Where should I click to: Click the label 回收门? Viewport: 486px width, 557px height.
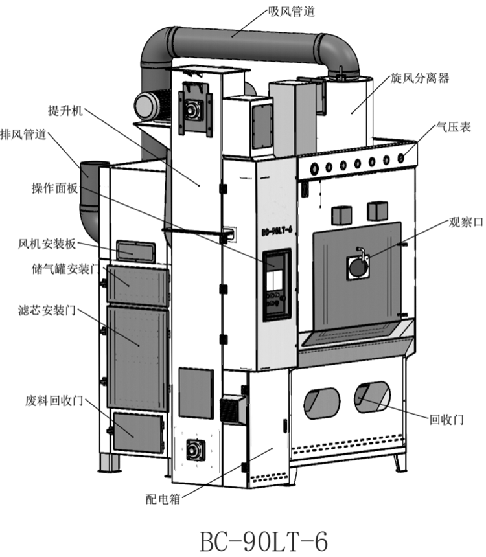tap(447, 419)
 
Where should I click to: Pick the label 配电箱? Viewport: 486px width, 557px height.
tap(163, 499)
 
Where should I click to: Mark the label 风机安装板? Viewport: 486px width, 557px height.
tap(48, 244)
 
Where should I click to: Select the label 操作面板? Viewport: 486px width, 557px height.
tap(55, 188)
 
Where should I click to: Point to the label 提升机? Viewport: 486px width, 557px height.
tap(66, 111)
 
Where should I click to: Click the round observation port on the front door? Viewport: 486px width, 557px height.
tap(357, 266)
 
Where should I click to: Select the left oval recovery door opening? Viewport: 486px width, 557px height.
tap(322, 403)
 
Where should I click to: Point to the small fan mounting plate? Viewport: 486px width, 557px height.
tap(135, 250)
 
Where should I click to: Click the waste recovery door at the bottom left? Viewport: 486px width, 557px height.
tap(138, 431)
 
